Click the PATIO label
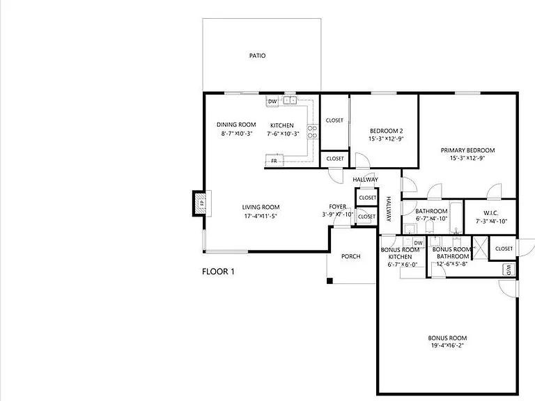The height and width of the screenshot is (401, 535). point(258,56)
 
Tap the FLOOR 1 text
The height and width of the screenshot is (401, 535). point(218,272)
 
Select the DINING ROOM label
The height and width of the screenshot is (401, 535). point(235,125)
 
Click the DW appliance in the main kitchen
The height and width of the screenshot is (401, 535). point(272,102)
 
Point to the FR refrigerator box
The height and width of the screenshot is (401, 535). point(274,161)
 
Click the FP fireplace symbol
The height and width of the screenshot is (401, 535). point(199,203)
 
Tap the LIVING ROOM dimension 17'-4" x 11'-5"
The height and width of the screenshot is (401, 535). point(261,217)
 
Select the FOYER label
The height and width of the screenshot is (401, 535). point(338,207)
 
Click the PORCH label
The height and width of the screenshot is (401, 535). point(351,256)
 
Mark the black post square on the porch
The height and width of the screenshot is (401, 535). point(330,281)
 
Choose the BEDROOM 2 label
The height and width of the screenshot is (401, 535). point(386,131)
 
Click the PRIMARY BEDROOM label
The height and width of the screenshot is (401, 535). point(467,150)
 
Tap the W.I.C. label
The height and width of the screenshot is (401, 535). point(490,213)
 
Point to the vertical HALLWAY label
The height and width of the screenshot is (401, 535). point(389,209)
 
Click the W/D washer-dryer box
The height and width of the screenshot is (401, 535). point(509,269)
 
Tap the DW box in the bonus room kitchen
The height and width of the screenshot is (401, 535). point(418,243)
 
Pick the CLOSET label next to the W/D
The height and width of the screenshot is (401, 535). point(504,249)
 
